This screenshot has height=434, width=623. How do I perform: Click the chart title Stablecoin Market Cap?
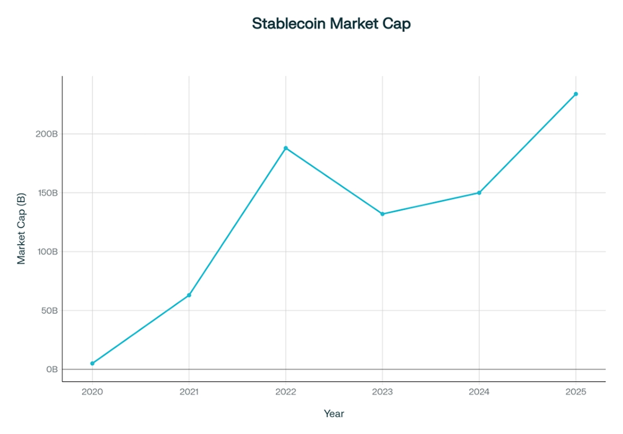331,24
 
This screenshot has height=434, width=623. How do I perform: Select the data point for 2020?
93,363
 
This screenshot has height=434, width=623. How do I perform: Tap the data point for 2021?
189,295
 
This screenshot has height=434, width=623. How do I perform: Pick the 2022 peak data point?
286,148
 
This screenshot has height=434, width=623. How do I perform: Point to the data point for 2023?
382,214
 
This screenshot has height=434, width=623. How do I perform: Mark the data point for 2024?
479,193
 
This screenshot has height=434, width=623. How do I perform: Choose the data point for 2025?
576,94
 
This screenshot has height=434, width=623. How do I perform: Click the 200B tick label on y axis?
47,134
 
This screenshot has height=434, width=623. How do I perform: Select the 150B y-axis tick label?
47,193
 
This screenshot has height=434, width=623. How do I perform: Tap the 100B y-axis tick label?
47,252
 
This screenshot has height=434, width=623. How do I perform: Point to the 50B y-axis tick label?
49,311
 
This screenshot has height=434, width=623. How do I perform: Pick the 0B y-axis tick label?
51,370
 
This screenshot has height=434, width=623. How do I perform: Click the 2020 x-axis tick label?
93,392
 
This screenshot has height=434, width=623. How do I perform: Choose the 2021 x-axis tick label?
189,392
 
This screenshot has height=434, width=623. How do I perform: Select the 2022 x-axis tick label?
286,392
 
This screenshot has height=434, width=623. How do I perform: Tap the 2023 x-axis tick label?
382,392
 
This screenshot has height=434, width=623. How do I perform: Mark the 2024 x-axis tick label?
479,392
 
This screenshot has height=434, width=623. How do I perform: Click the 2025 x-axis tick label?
576,392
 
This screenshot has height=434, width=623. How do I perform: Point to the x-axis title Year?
334,414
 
